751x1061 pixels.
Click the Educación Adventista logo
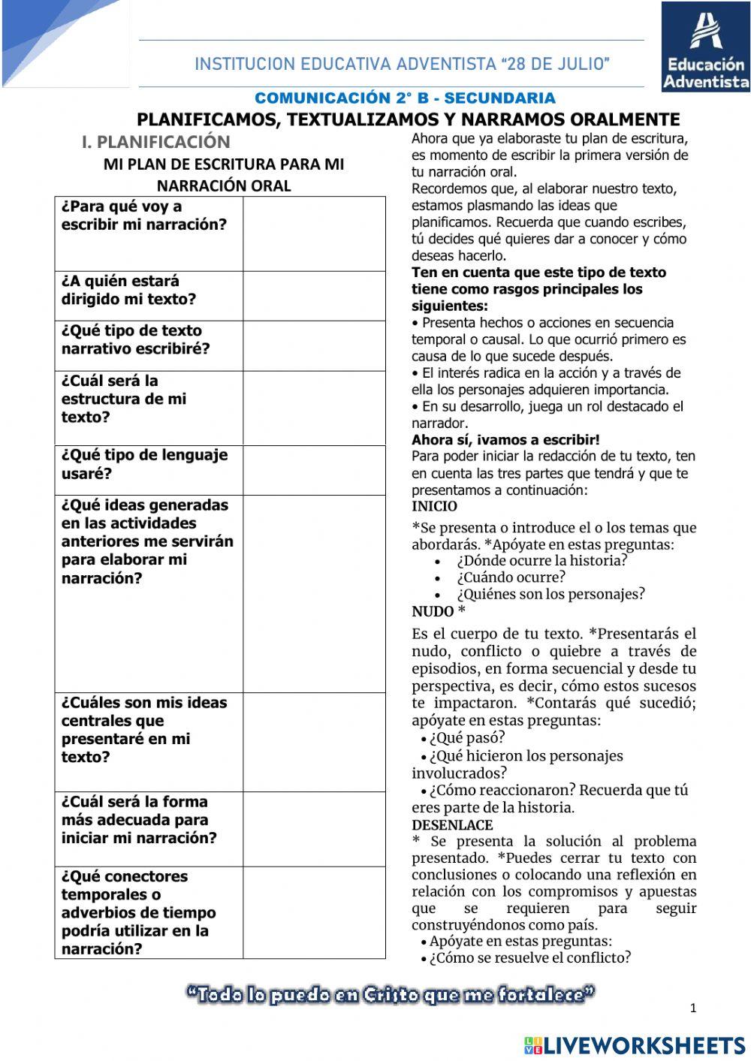coord(705,47)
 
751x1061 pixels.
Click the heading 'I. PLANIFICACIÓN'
coord(155,141)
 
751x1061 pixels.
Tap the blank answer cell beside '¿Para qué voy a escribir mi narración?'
coord(314,234)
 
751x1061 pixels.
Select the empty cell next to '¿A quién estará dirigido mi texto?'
coord(314,296)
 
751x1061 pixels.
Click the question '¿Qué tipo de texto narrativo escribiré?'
coord(136,340)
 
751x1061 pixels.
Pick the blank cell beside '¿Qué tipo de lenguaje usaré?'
coord(314,470)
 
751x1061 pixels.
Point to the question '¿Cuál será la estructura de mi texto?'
coord(124,399)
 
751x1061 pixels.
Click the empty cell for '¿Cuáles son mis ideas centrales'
coord(314,742)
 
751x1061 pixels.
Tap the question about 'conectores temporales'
coord(139,912)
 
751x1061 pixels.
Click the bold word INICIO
coord(434,507)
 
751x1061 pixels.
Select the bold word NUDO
coord(433,612)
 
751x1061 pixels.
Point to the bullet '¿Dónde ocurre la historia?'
coord(541,561)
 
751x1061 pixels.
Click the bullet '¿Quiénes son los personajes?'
coord(550,594)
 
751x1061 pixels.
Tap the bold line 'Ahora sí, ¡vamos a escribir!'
coord(505,440)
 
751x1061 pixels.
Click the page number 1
coord(693,1008)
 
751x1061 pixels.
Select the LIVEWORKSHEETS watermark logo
coord(635,1044)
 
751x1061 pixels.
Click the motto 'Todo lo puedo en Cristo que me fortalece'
coord(391,995)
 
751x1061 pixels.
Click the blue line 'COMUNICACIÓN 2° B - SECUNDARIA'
coord(405,98)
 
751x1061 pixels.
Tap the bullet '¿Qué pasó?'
coord(467,737)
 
